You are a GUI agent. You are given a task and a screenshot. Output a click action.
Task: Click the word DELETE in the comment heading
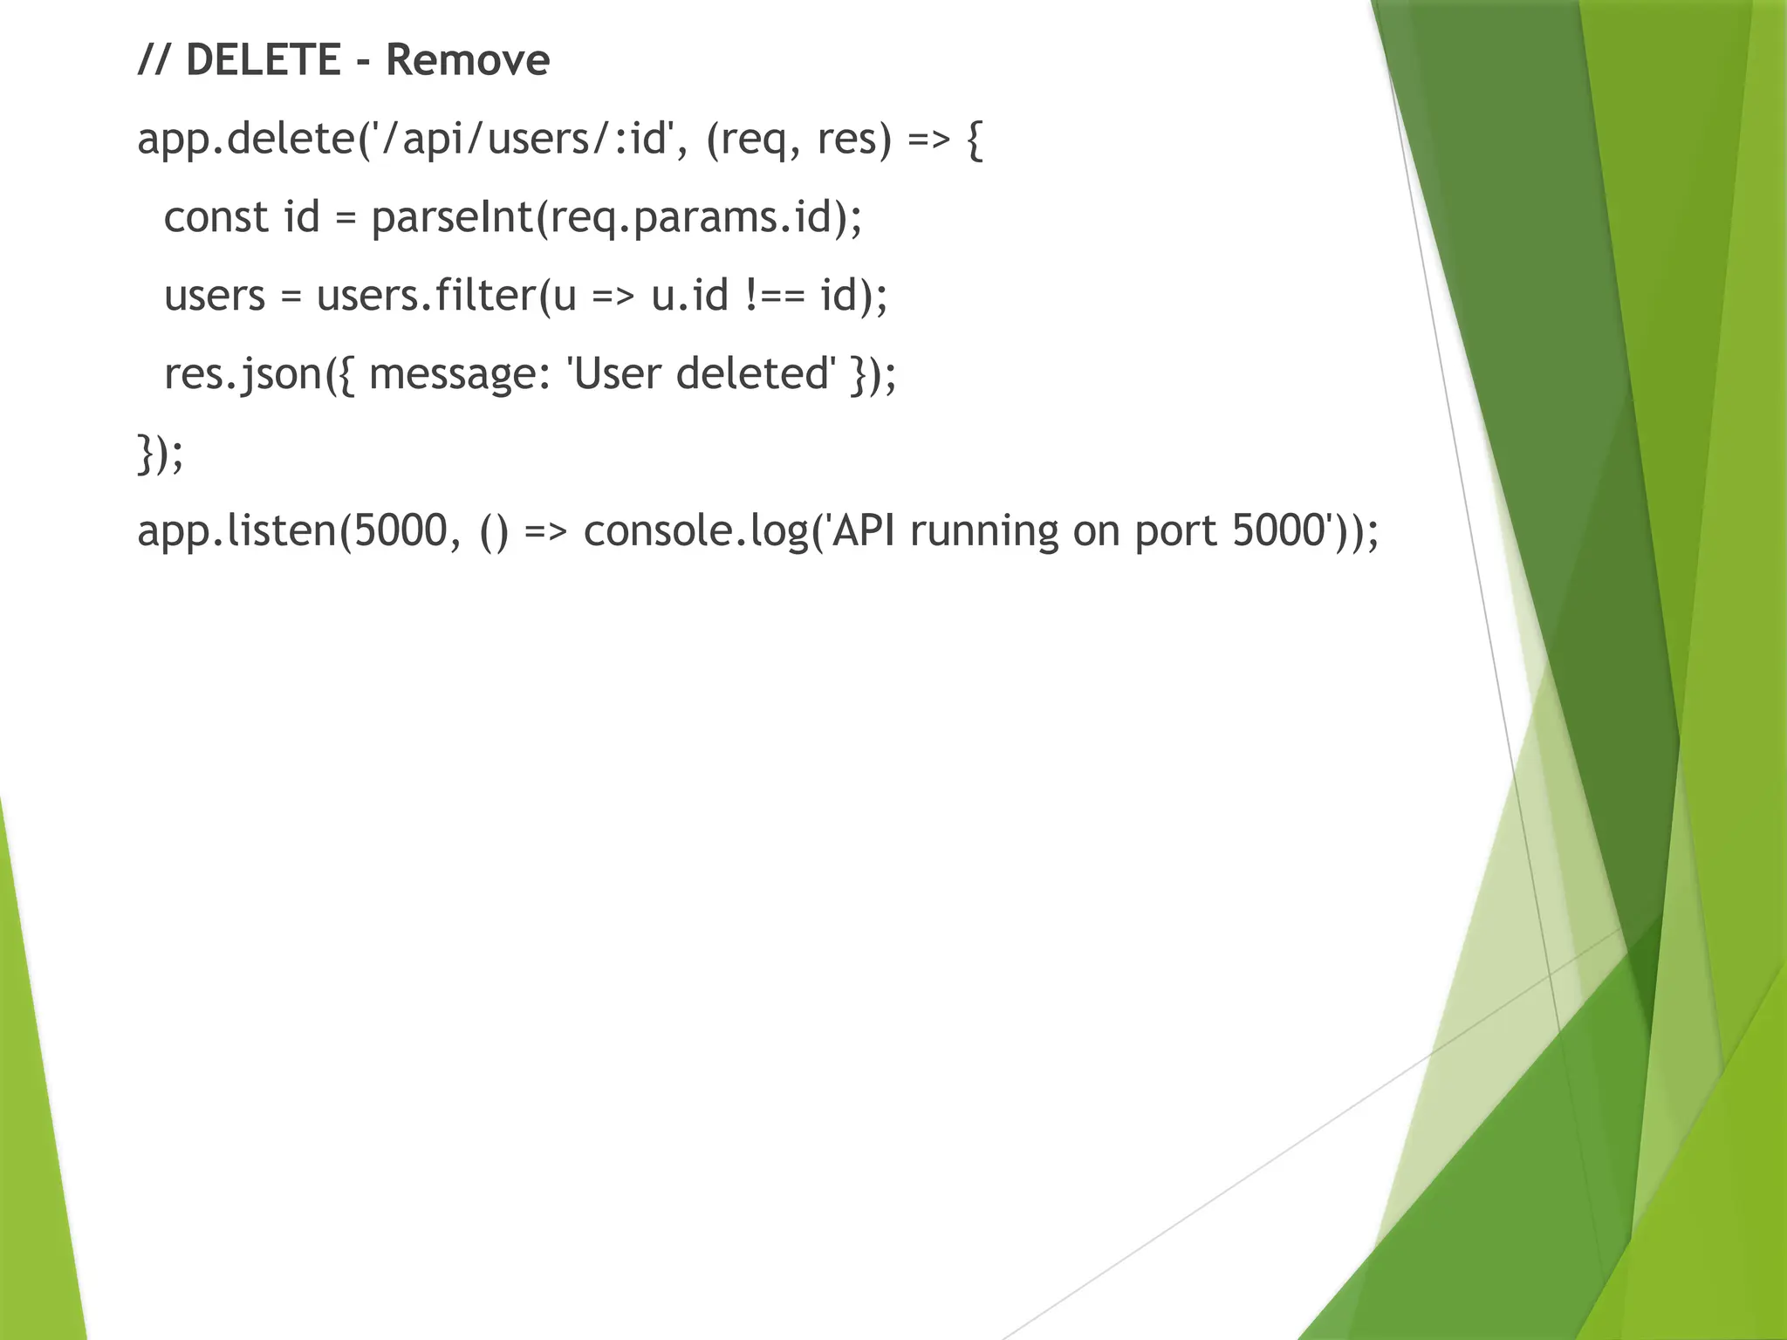point(263,60)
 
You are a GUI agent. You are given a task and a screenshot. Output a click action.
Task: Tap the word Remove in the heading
point(468,60)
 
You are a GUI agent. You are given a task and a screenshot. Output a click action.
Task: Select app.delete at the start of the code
point(245,139)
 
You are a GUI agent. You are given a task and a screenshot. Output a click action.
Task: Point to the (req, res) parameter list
point(798,139)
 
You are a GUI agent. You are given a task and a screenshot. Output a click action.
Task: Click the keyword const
point(216,217)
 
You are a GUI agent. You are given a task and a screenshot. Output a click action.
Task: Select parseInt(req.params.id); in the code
point(616,217)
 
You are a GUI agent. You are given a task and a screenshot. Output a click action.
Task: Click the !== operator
point(775,296)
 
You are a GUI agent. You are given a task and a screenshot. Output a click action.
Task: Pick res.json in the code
point(243,374)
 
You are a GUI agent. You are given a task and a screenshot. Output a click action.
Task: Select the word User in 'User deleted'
point(615,374)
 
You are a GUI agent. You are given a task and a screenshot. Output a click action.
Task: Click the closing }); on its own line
point(161,453)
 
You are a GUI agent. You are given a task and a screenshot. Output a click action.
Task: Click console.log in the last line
point(695,531)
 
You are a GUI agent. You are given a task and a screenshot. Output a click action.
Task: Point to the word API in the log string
point(863,531)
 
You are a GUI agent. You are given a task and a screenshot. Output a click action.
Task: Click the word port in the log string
point(1175,531)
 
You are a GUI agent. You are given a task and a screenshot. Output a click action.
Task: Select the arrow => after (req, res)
point(928,139)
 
